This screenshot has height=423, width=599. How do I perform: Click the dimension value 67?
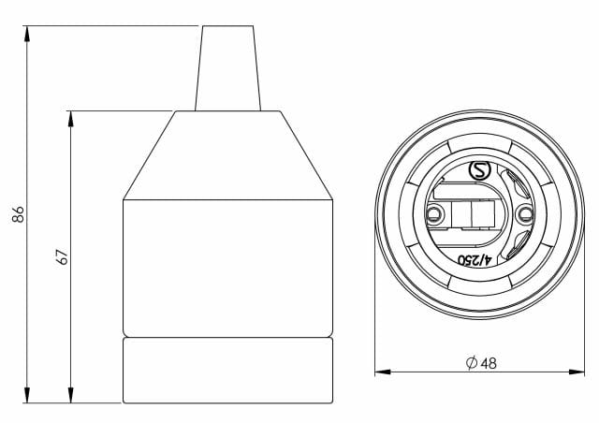(x=63, y=256)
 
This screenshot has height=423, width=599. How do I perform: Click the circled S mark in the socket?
(x=478, y=171)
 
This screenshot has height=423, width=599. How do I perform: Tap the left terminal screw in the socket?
(x=432, y=215)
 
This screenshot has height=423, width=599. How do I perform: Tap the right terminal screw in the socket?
(x=522, y=215)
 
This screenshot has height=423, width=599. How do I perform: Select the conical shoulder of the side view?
(x=229, y=154)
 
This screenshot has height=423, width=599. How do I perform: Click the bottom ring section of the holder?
(x=229, y=370)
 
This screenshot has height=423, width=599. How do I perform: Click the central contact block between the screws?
(x=473, y=216)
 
